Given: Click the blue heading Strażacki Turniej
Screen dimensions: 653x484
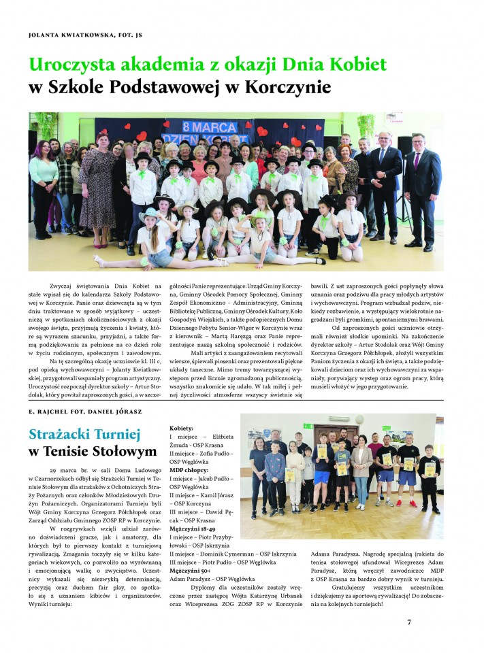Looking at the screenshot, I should (x=84, y=434).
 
